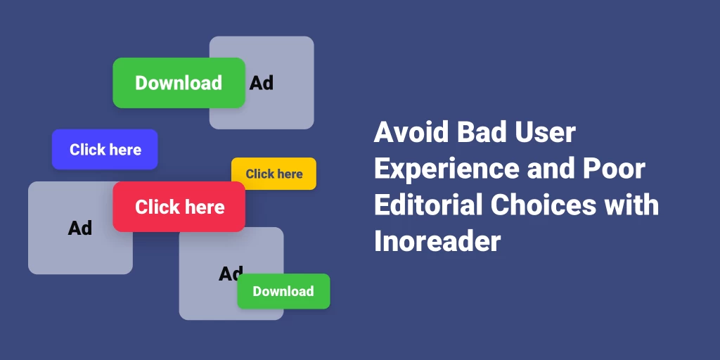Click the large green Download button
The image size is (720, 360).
(x=179, y=83)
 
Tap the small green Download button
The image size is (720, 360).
(x=283, y=291)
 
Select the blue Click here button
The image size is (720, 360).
(x=105, y=149)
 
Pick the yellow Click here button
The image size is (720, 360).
(x=274, y=174)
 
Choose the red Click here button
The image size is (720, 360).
(x=179, y=207)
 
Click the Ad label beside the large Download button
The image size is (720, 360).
(x=262, y=83)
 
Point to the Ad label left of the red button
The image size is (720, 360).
(x=80, y=228)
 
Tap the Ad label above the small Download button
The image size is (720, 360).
(x=231, y=274)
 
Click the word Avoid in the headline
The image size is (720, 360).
(x=411, y=132)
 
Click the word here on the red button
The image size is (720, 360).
(x=205, y=207)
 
